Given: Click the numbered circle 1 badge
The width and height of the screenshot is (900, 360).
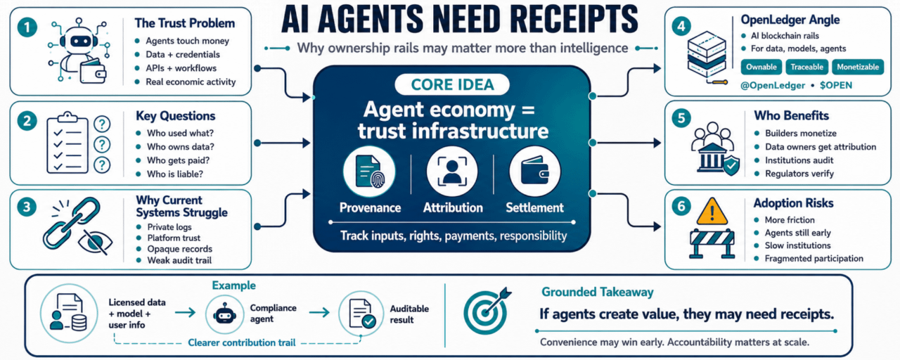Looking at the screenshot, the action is [x=27, y=27].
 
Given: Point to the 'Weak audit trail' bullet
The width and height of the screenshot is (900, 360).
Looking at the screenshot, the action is [x=179, y=260].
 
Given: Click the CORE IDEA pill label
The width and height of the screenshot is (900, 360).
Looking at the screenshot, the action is [x=452, y=85].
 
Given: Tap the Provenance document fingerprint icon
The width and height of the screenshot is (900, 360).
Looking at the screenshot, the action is [x=369, y=172].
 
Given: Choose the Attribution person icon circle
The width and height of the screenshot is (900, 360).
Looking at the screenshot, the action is [x=452, y=172].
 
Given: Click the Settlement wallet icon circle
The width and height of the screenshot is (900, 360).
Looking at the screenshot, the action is [x=535, y=172].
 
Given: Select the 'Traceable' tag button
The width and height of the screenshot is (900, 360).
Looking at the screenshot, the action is [x=806, y=67].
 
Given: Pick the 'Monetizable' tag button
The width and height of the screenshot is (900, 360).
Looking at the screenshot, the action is [x=858, y=67].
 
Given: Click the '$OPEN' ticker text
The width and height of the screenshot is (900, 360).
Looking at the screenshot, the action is [x=836, y=85].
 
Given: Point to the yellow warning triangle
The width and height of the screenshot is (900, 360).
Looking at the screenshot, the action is [x=712, y=212].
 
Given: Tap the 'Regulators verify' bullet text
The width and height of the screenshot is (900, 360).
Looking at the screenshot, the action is [x=799, y=174].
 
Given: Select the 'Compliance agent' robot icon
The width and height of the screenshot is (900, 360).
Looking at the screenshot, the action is [x=224, y=314].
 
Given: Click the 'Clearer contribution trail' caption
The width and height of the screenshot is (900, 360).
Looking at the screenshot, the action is [x=241, y=342].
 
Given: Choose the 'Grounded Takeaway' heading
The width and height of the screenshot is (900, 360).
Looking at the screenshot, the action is [x=598, y=292].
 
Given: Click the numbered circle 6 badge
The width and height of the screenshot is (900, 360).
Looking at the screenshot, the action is [x=681, y=207].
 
